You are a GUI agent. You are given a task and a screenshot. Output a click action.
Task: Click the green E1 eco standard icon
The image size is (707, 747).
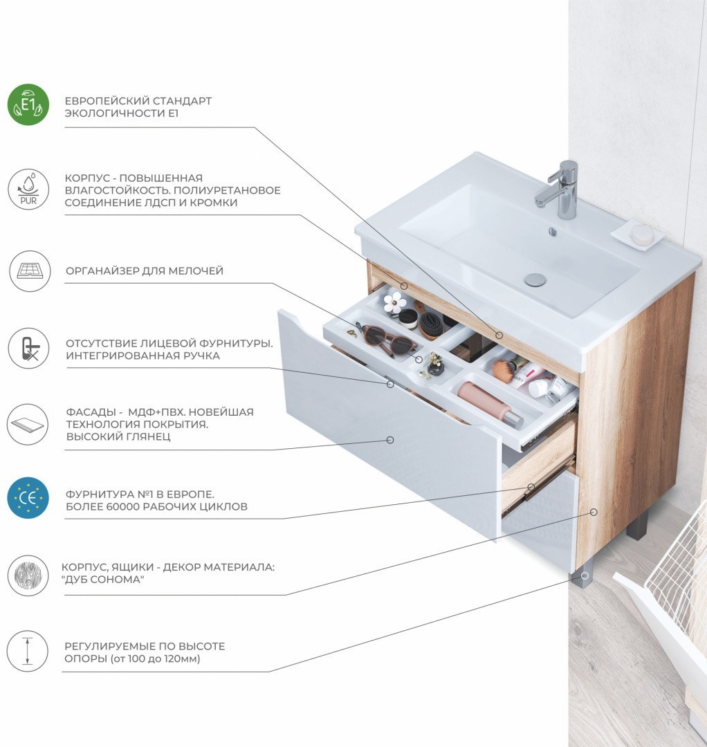point(28,104)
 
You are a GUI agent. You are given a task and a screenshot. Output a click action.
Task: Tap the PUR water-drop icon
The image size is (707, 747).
point(28,189)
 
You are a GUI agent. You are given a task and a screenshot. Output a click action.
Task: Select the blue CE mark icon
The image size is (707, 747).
point(28,498)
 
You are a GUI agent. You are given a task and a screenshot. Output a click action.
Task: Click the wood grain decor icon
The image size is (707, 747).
point(28,575)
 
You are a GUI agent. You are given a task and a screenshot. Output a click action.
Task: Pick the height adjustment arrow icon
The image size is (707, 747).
point(28,652)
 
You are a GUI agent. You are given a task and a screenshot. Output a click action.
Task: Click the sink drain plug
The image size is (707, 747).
point(535,279)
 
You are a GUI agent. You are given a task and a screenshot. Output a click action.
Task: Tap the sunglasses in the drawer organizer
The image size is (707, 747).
point(387,338)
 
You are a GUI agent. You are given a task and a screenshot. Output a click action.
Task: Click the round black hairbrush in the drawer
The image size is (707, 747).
point(431,324)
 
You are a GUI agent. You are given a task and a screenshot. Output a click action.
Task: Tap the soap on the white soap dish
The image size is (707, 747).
point(642,232)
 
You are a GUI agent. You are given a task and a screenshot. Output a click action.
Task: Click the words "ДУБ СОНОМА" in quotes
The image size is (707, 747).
point(103,580)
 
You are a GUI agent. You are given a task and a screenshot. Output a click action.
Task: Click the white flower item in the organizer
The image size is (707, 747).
point(395,302)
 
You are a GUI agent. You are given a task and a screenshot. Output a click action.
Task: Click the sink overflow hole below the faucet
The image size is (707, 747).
point(553,232)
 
